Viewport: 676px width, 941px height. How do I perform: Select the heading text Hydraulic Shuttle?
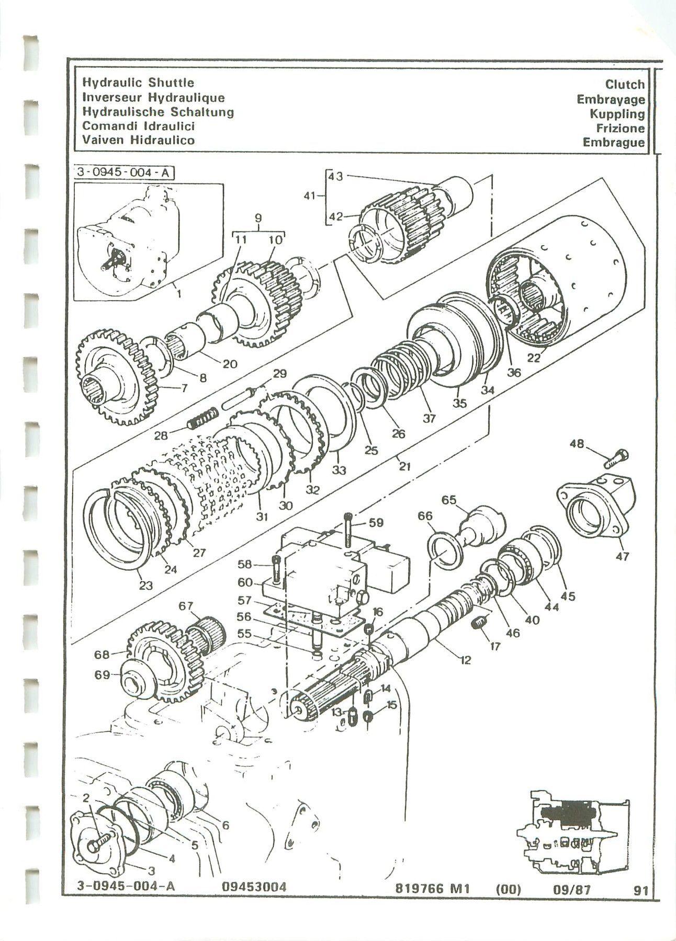[x=138, y=83]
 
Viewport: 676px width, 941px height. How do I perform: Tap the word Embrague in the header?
[x=614, y=143]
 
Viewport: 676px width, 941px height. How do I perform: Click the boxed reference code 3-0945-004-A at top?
[x=123, y=173]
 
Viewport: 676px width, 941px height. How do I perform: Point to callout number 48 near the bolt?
[x=577, y=444]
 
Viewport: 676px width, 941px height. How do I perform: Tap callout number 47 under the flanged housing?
[x=622, y=556]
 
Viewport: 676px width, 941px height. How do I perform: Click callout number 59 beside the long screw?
[x=376, y=522]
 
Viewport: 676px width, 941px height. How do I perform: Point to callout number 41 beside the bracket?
[x=310, y=197]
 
